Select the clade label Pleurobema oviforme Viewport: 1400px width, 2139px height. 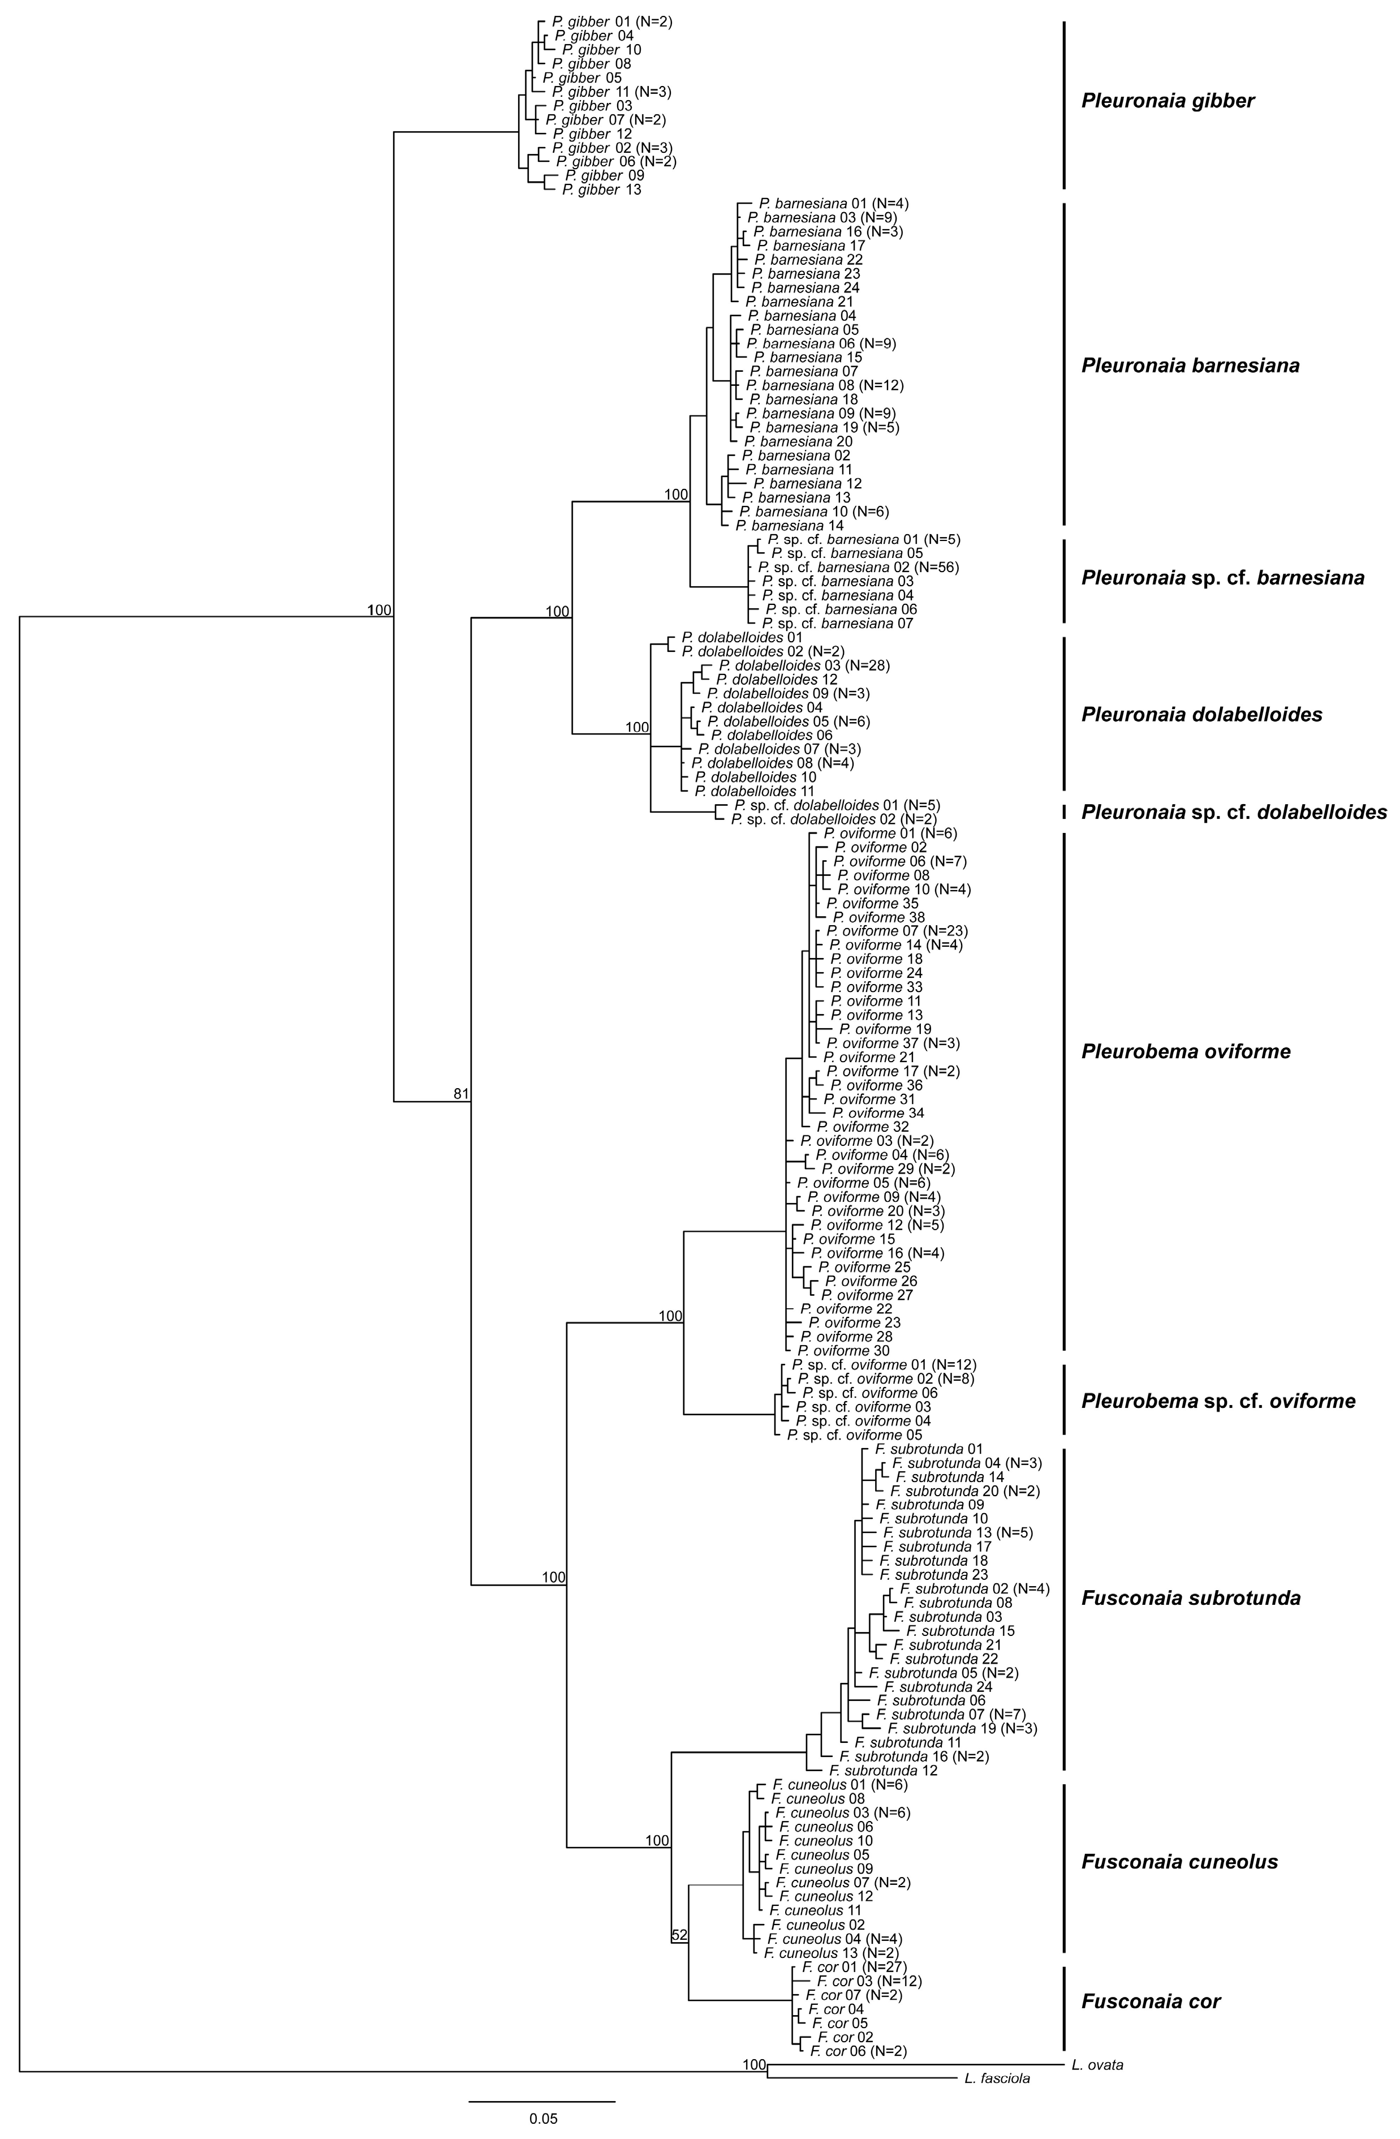click(x=1186, y=1051)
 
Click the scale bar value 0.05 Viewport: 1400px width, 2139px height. click(x=542, y=2117)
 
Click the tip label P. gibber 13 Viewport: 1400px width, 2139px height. click(x=601, y=190)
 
